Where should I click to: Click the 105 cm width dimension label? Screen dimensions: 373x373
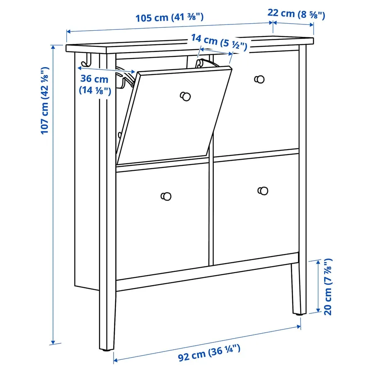[170, 18]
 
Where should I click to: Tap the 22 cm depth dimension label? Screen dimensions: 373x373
[296, 14]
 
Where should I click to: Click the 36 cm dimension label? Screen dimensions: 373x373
[95, 84]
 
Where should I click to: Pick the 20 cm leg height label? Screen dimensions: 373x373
[328, 286]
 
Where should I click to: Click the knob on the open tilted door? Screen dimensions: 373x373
[185, 96]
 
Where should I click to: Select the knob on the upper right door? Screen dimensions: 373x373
[259, 79]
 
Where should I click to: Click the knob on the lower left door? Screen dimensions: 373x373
[166, 196]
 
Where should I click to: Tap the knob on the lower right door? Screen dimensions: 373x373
[262, 191]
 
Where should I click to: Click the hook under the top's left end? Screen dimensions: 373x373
[86, 61]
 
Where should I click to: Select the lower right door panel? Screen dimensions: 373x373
[256, 209]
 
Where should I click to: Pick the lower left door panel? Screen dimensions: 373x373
[162, 220]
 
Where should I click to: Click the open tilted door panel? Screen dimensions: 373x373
[174, 116]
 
